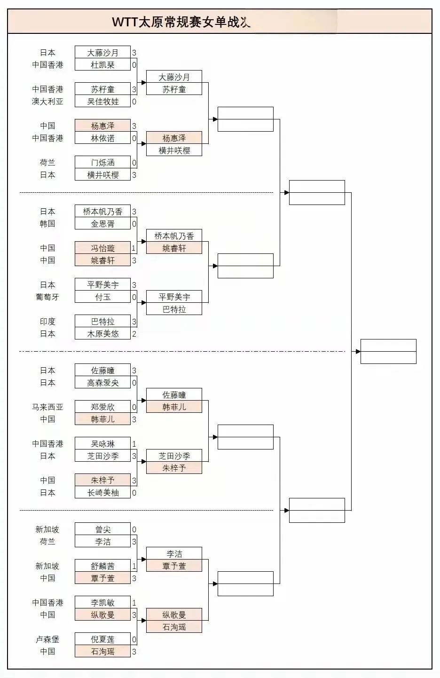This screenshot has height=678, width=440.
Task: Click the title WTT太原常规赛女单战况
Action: coord(181,22)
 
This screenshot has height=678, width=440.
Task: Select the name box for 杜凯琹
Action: coord(102,65)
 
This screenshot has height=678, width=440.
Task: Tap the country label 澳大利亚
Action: coord(47,102)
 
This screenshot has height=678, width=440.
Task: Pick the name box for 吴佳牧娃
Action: coord(102,102)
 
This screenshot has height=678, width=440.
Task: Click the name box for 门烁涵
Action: coord(102,163)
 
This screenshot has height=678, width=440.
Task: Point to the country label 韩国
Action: coord(47,224)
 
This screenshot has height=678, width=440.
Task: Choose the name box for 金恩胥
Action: coord(102,224)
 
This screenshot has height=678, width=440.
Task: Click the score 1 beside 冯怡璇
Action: coord(134,248)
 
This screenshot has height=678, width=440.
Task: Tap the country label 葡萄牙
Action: coord(47,297)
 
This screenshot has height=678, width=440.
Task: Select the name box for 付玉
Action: coord(102,297)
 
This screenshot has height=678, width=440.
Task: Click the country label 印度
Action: coord(47,322)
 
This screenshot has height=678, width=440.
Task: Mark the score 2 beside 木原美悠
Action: coord(134,334)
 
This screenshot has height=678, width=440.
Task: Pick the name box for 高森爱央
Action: coord(102,383)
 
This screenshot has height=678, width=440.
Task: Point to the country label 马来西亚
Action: coord(47,407)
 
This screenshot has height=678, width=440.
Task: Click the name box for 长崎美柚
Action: coord(102,493)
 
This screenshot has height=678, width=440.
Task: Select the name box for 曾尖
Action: coord(102,529)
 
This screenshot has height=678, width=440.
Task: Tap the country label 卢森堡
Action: coord(47,639)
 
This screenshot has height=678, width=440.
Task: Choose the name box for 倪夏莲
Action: coord(102,639)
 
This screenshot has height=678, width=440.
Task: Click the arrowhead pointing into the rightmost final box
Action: coord(358,352)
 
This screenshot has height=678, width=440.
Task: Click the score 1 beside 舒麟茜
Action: coord(134,566)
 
